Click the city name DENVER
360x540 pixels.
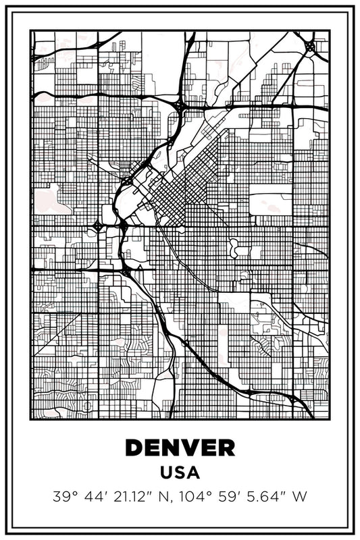pyautogui.click(x=180, y=447)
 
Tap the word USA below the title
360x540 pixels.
pyautogui.click(x=180, y=473)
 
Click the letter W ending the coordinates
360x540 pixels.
pyautogui.click(x=299, y=497)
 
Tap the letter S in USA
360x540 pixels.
pyautogui.click(x=180, y=473)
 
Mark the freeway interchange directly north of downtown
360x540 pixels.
pyautogui.click(x=180, y=106)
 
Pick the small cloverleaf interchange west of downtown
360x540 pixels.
pyautogui.click(x=99, y=227)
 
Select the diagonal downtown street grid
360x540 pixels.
pyautogui.click(x=172, y=196)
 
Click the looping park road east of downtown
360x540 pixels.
pyautogui.click(x=236, y=248)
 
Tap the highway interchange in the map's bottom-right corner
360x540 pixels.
pyautogui.click(x=292, y=398)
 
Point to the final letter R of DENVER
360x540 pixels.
pyautogui.click(x=226, y=447)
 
